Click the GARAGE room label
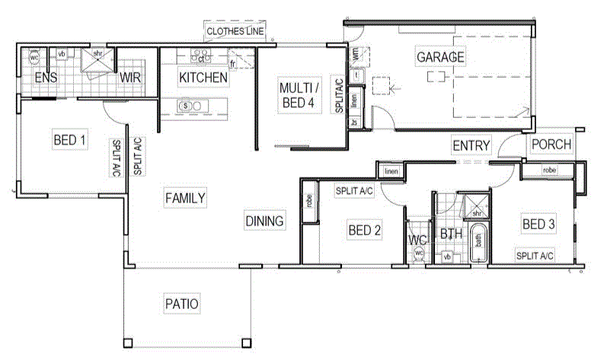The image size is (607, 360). point(440,56)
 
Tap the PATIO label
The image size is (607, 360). point(181,304)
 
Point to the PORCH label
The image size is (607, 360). point(551,145)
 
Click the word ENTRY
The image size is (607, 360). point(471,145)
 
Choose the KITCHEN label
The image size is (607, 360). point(203,78)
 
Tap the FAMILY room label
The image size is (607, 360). point(184,198)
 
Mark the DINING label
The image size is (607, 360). point(264,221)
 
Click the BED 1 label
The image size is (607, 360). point(69,140)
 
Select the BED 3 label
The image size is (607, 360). point(539,224)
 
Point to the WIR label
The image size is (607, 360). point(127,78)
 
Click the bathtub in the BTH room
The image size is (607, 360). point(479,244)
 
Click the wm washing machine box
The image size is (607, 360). point(356,56)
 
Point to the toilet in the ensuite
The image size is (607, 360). point(34,57)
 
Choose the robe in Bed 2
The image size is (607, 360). point(309,202)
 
